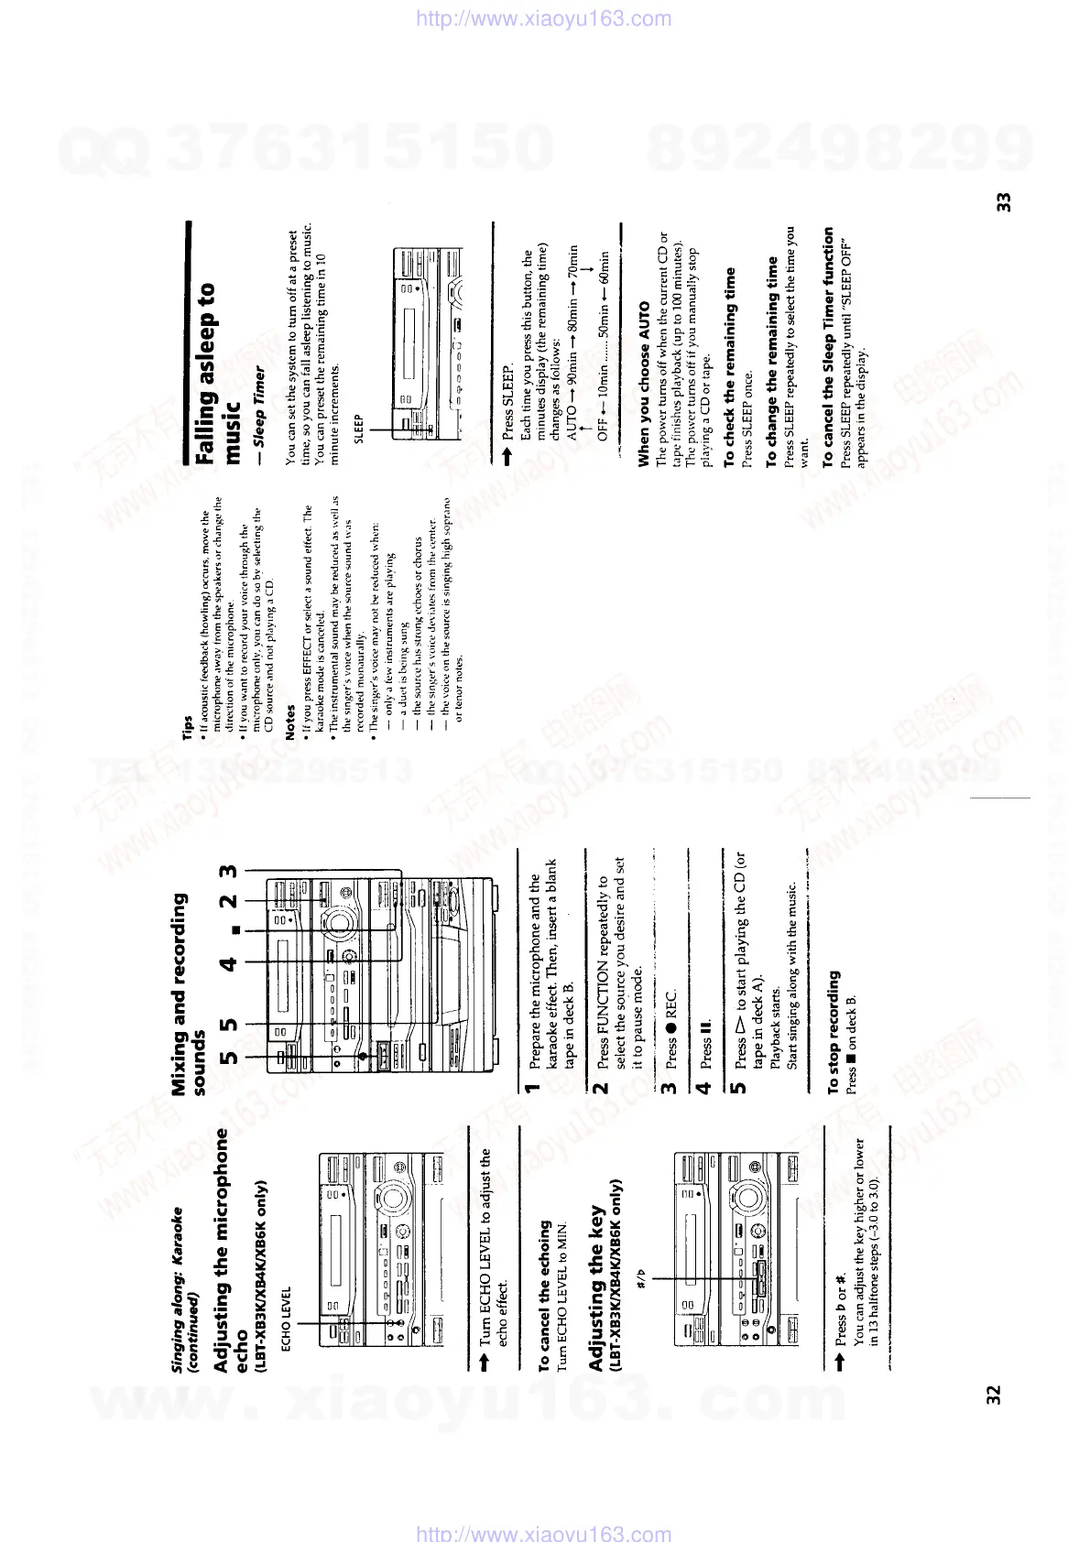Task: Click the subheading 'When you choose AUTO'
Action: click(644, 384)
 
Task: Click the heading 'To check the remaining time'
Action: click(729, 366)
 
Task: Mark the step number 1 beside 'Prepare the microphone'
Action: click(529, 1087)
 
